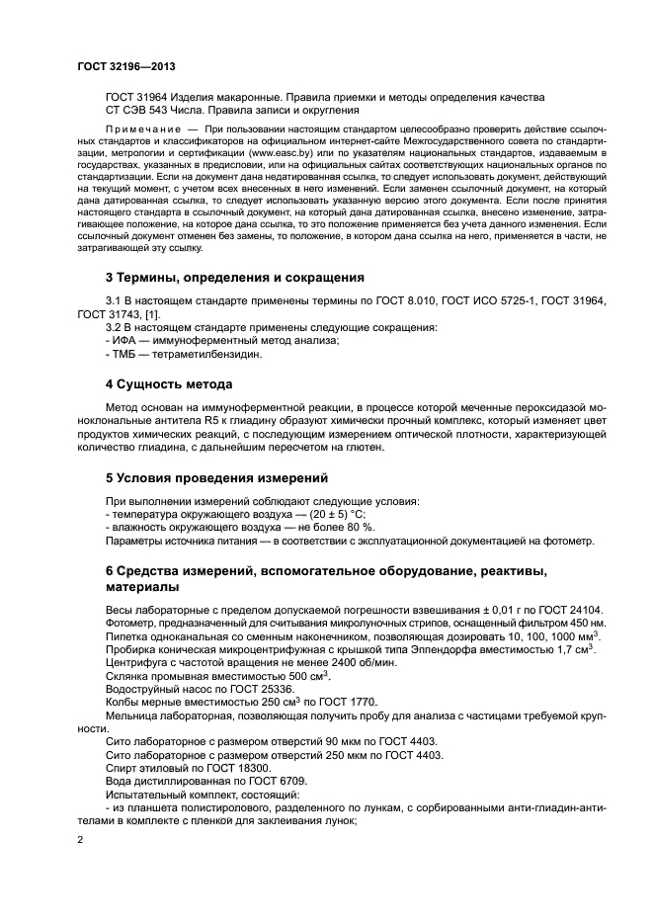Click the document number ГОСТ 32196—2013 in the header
point(125,67)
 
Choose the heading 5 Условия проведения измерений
point(208,476)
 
